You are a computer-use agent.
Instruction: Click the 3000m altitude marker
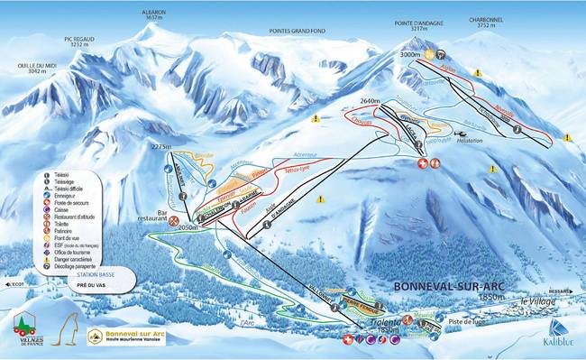[x=411, y=55]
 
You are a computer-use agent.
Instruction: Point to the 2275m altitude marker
[x=161, y=145]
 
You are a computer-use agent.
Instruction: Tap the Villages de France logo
[x=27, y=328]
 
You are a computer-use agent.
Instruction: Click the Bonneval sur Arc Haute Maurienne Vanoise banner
[x=129, y=335]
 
